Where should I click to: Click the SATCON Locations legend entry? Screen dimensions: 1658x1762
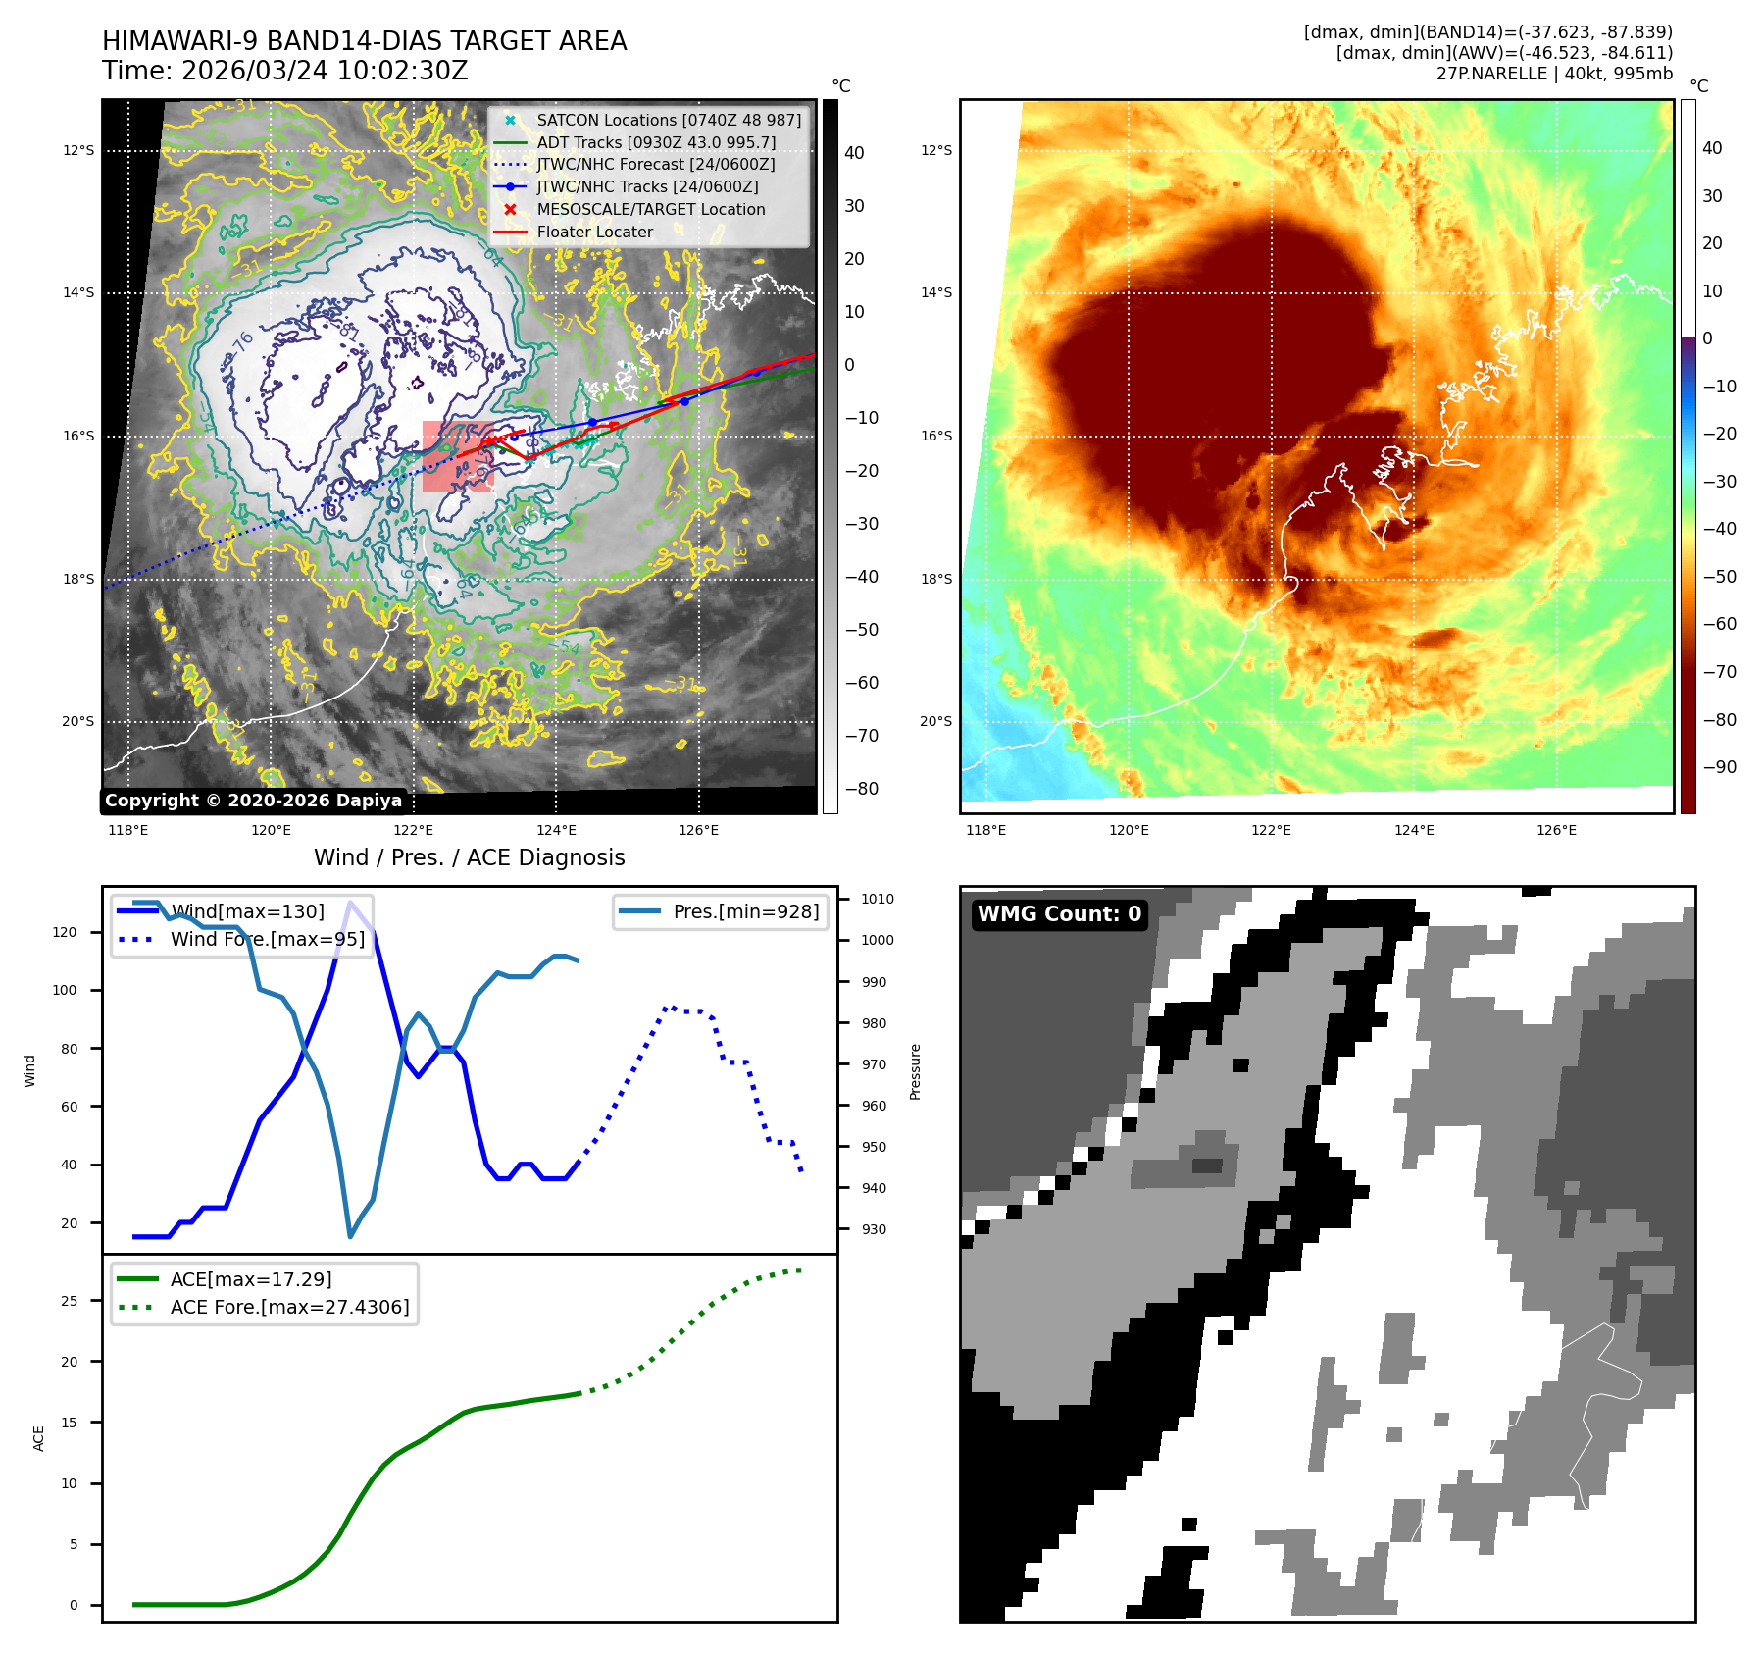click(668, 120)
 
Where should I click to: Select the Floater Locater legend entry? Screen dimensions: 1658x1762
click(594, 233)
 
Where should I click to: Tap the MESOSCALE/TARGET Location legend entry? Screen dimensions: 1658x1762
click(650, 210)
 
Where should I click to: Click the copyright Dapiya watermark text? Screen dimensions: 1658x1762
click(253, 801)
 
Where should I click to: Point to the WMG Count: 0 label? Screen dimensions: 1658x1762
click(1059, 914)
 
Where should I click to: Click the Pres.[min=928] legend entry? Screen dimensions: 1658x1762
click(745, 911)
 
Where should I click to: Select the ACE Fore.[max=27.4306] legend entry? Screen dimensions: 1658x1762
click(289, 1307)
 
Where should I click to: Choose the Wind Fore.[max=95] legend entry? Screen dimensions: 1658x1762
click(267, 939)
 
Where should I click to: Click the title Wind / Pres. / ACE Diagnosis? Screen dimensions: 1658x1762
click(469, 857)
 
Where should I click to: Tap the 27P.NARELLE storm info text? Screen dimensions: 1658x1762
click(1554, 74)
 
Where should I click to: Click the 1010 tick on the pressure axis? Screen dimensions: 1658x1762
click(877, 899)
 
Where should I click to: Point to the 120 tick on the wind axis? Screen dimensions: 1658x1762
click(65, 932)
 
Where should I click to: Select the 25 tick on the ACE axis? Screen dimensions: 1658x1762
click(69, 1301)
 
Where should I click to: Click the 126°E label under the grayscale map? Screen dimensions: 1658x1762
click(698, 831)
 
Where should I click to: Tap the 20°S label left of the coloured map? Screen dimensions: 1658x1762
click(934, 722)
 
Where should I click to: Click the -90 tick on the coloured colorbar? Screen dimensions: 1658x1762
click(1719, 767)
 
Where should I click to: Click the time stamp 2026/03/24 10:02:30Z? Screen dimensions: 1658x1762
click(284, 72)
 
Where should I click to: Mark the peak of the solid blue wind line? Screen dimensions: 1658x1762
click(350, 902)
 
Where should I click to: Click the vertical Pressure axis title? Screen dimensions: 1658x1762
click(915, 1071)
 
